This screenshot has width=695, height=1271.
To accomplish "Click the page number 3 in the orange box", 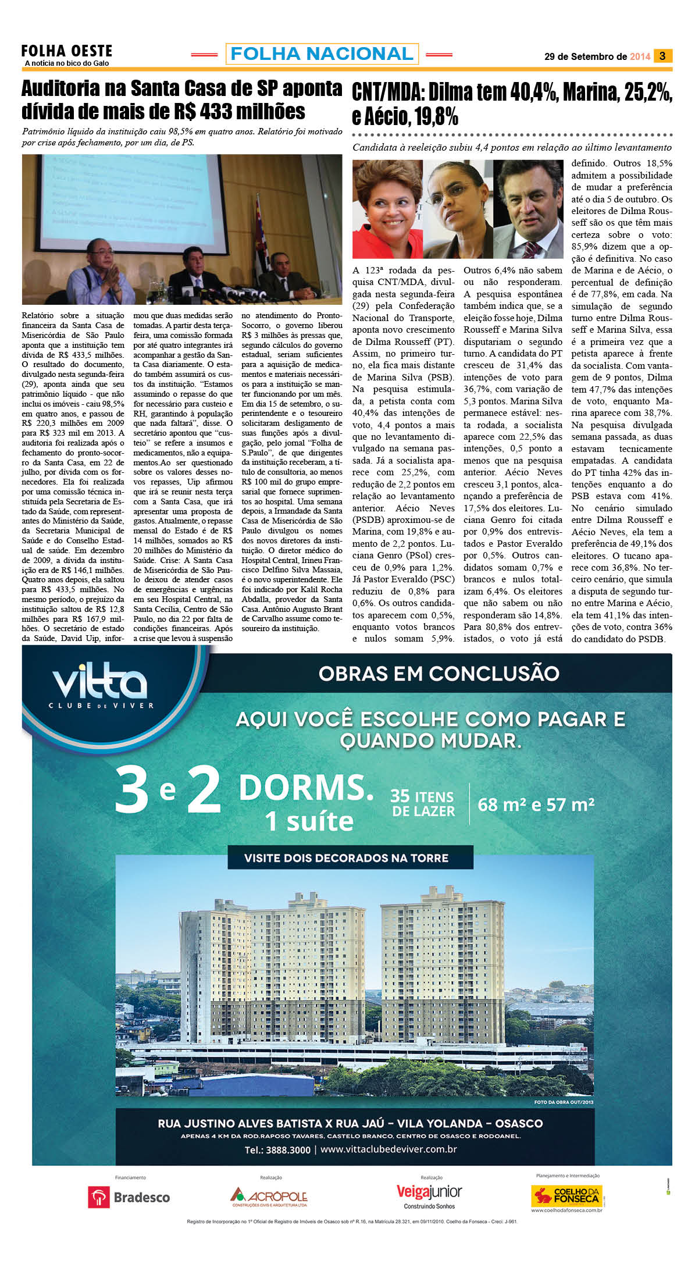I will point(662,56).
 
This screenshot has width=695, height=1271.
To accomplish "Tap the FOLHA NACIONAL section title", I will point(322,54).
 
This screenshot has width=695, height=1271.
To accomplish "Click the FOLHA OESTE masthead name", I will point(66,51).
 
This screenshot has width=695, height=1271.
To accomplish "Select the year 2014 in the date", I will point(640,57).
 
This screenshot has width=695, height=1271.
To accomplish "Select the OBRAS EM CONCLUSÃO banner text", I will point(439,674).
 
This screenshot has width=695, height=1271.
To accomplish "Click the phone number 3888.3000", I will point(277,1150).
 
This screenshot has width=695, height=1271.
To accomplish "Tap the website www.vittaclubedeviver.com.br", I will point(389,1149).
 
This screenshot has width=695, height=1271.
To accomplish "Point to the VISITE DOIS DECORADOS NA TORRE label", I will point(346,858).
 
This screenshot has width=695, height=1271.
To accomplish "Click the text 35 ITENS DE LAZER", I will point(422,803).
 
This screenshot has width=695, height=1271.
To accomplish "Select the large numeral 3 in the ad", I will point(132,791).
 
